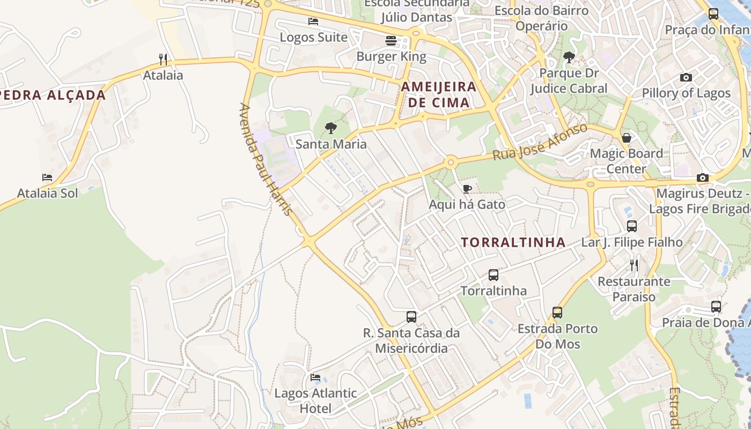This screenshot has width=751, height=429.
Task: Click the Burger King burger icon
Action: [x=391, y=40]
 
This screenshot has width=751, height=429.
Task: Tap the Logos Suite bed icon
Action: [x=313, y=21]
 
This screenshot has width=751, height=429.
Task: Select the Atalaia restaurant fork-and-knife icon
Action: [x=163, y=59]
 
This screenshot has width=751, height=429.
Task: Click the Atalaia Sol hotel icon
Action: [x=47, y=177]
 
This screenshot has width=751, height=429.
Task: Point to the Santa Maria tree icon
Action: [x=331, y=128]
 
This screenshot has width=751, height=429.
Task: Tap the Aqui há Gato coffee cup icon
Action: [x=467, y=189]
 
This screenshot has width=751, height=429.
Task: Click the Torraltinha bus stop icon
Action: [x=494, y=275]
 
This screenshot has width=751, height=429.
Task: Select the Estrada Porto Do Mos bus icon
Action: [x=557, y=313]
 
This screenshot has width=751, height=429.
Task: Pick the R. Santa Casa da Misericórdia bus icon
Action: [x=411, y=317]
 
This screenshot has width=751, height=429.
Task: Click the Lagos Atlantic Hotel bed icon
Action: [x=315, y=378]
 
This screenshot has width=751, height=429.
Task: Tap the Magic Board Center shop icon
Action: [x=626, y=138]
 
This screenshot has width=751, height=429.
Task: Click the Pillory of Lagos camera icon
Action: [x=686, y=78]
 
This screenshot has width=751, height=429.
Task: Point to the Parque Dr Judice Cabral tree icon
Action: [x=569, y=57]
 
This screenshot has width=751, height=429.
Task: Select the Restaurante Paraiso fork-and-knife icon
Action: [x=634, y=265]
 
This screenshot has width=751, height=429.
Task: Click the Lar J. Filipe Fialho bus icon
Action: [x=632, y=226]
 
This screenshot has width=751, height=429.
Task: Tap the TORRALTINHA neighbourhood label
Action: [x=513, y=242]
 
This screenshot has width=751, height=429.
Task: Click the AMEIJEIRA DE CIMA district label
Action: [x=439, y=94]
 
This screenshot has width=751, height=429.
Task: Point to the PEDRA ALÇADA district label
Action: [x=53, y=95]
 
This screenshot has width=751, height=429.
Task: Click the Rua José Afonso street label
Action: [x=540, y=142]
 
